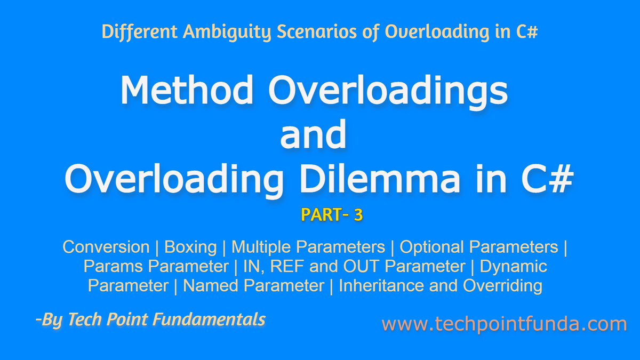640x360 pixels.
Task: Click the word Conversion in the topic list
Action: pos(106,247)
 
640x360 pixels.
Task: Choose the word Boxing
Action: pos(190,247)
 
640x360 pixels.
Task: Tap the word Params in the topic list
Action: pos(112,266)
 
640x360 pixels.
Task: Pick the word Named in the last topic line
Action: pos(206,285)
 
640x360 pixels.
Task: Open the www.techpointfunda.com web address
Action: pos(504,324)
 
